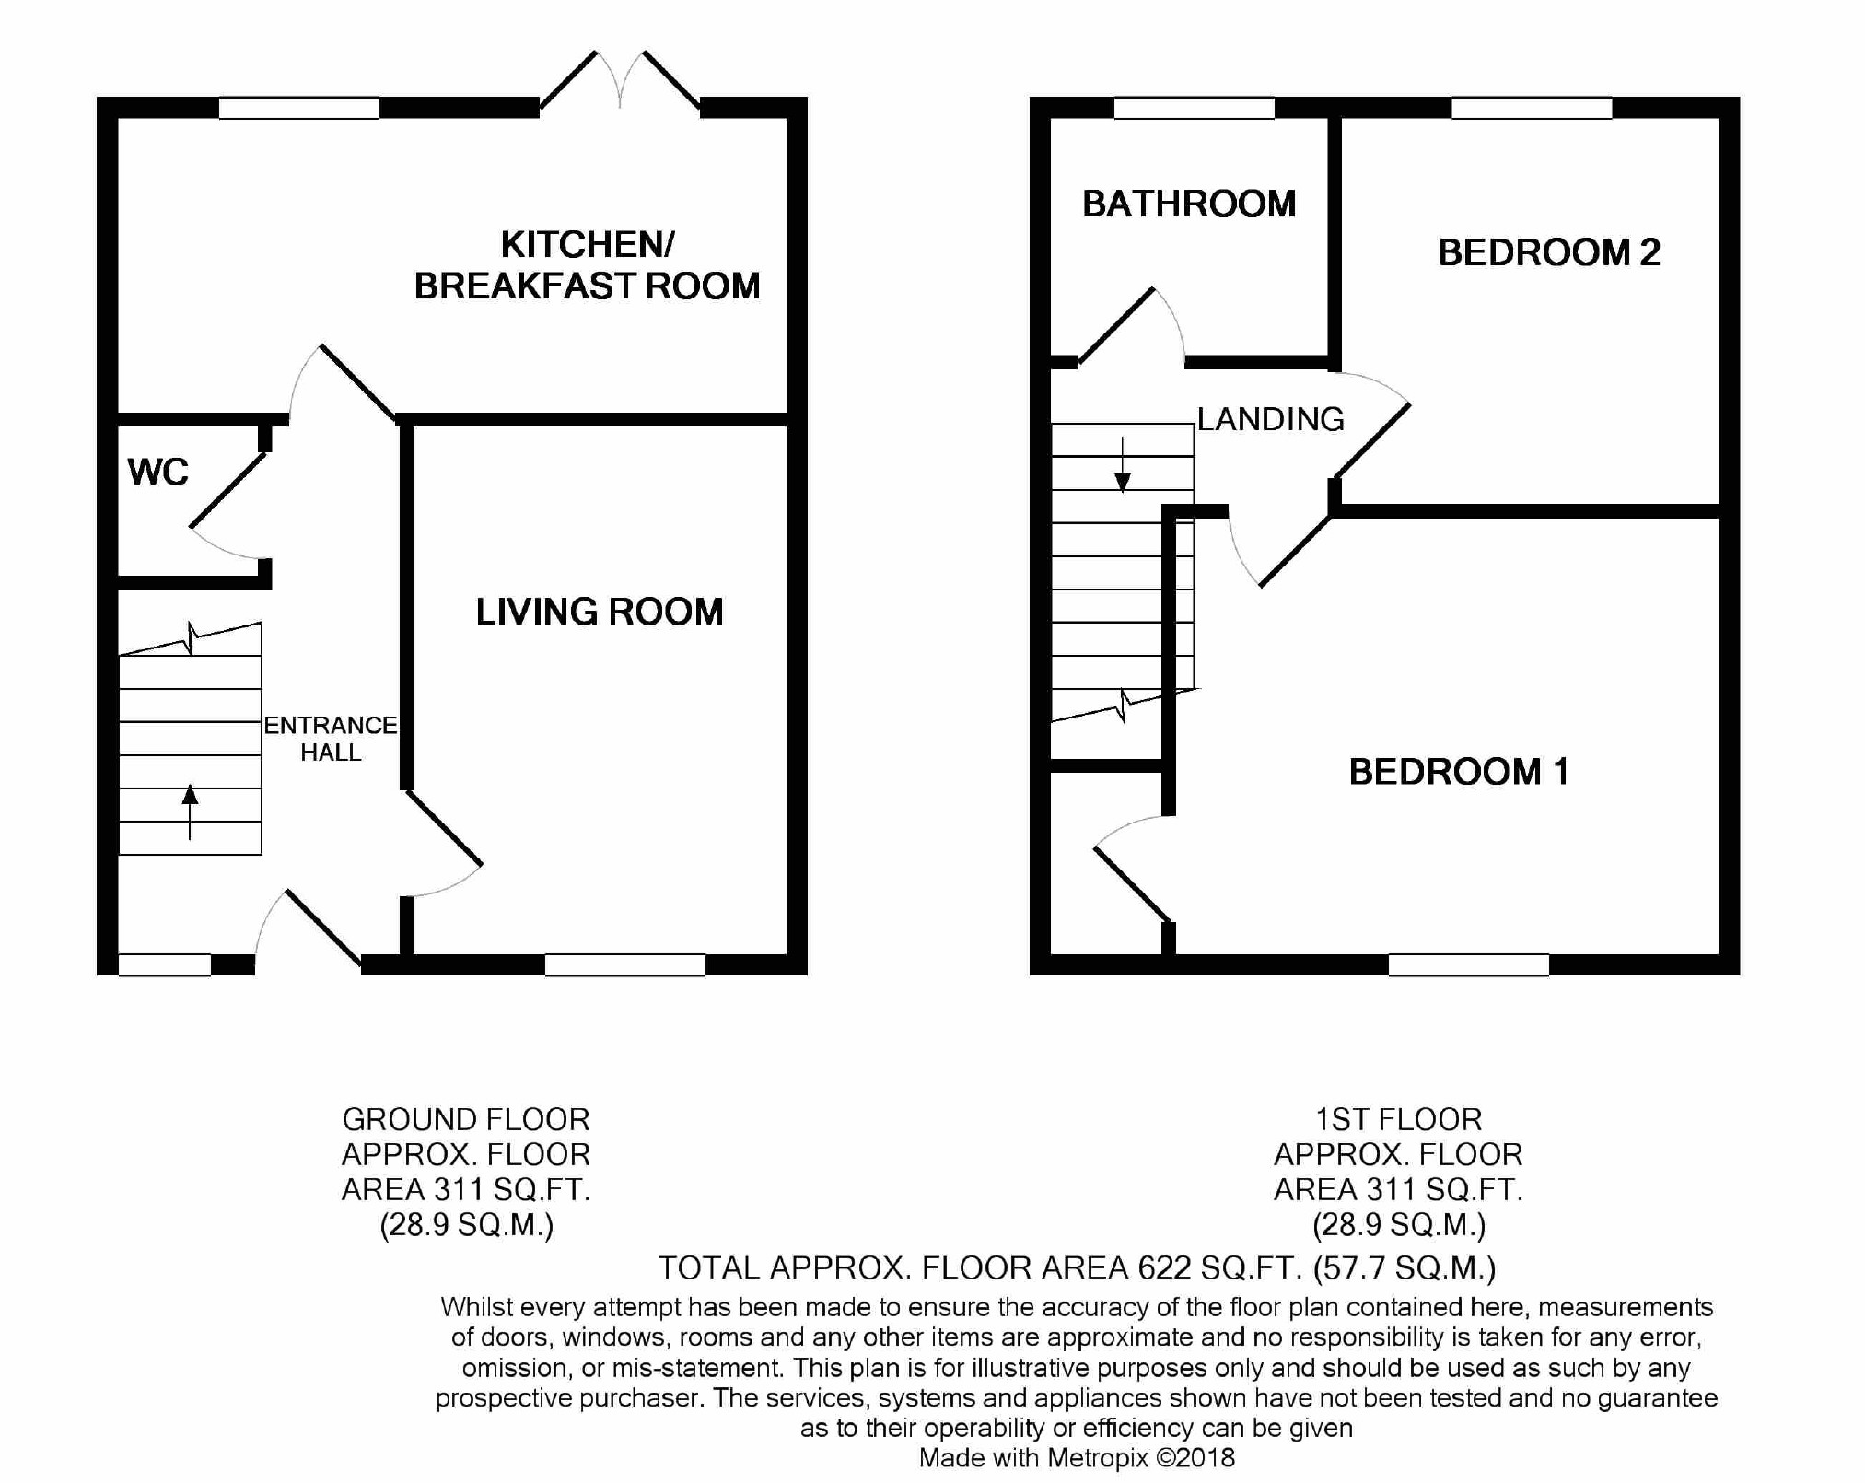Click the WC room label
click(158, 472)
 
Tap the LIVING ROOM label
click(600, 612)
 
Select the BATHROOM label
click(1189, 204)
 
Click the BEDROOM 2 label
click(1549, 252)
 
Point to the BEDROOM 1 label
click(1459, 771)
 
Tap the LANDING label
click(1271, 419)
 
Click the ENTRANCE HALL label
click(331, 739)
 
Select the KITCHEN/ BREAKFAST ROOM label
click(588, 265)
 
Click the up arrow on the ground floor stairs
click(190, 812)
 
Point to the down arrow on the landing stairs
click(1123, 465)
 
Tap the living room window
click(625, 964)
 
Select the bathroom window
click(1195, 108)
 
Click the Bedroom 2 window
click(1532, 108)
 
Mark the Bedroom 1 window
click(1469, 964)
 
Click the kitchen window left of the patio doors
click(299, 108)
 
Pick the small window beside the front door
click(165, 964)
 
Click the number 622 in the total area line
click(1168, 1268)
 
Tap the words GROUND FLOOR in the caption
click(466, 1119)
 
